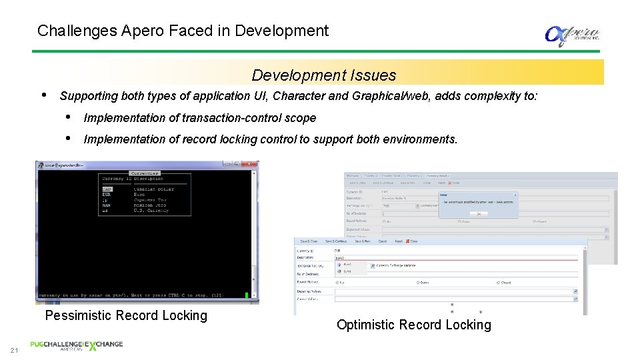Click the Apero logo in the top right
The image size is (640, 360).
tap(572, 35)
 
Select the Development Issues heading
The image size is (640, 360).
tap(324, 75)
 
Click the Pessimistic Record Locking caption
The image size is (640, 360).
tap(126, 315)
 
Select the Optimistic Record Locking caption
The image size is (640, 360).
tap(413, 325)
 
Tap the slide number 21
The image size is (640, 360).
tap(14, 351)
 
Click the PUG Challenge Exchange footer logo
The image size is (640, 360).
tap(77, 345)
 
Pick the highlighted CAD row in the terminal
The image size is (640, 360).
tap(107, 189)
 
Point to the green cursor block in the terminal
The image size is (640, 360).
tap(246, 295)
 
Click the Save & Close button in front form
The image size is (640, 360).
tap(309, 242)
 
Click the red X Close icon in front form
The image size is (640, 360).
tap(411, 242)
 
